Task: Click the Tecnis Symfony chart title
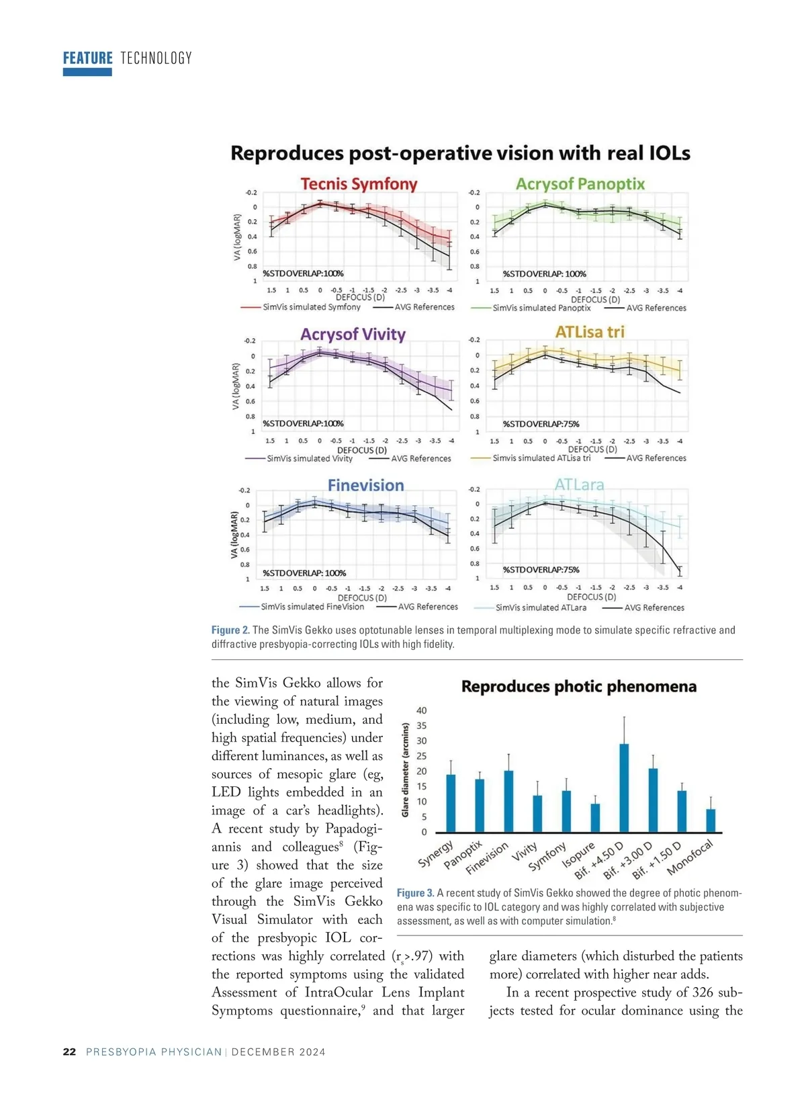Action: point(359,184)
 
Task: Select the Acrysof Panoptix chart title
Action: point(580,184)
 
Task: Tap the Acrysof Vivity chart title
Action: point(353,335)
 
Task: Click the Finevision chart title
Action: point(365,485)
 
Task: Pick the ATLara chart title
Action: point(579,484)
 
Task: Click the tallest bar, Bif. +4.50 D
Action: point(624,788)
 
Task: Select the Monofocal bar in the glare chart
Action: point(711,820)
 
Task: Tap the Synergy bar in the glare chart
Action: point(451,803)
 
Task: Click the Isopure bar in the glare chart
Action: point(595,818)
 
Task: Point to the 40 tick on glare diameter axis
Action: point(422,710)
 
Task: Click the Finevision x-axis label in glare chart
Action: point(488,858)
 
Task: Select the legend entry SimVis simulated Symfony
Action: point(311,307)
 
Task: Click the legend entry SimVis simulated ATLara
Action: point(541,607)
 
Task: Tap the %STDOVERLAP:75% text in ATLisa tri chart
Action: point(541,424)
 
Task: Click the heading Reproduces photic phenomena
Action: point(578,687)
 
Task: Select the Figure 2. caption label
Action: point(230,630)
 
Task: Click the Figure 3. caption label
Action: point(415,893)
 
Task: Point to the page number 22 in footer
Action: point(69,1052)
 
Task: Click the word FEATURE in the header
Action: point(88,58)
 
